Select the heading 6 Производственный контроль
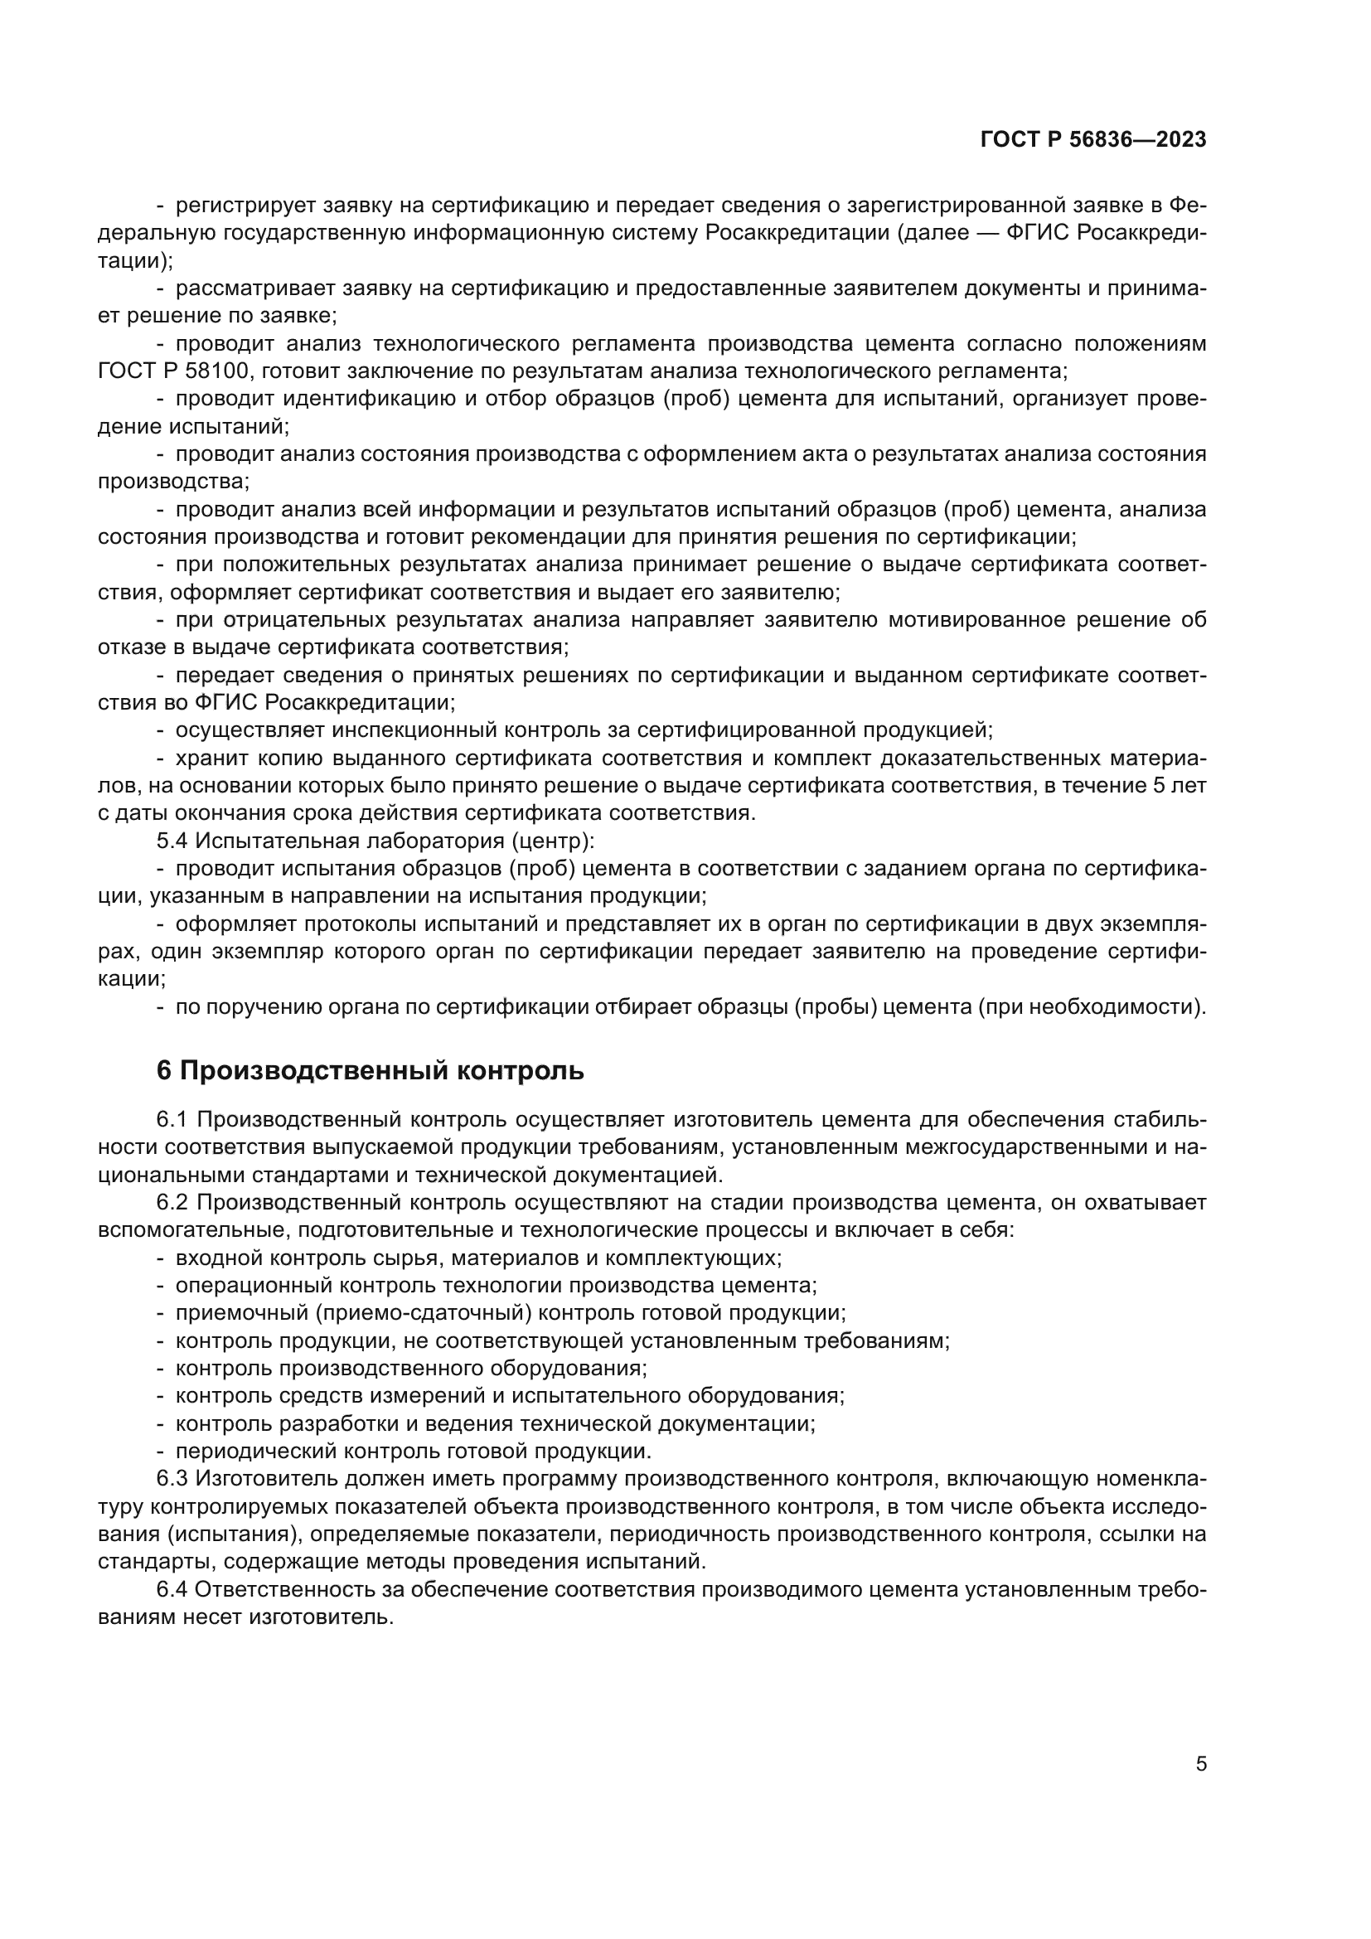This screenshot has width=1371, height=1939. coord(370,1070)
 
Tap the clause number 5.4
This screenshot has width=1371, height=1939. coord(172,841)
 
